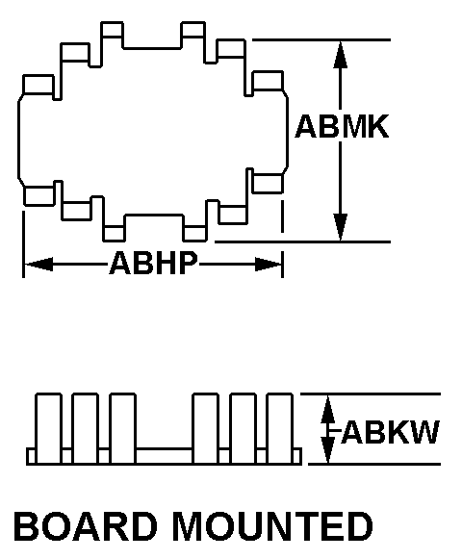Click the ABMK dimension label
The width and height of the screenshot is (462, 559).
click(x=342, y=127)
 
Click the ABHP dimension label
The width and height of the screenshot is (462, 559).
click(x=153, y=263)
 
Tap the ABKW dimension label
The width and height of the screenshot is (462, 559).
click(x=390, y=432)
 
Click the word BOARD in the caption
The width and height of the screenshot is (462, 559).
click(x=86, y=526)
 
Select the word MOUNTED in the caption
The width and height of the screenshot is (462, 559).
click(x=273, y=526)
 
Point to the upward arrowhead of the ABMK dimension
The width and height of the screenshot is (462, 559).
click(x=341, y=54)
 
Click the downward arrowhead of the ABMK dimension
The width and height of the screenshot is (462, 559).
click(x=341, y=227)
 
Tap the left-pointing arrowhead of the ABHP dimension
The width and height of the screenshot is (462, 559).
click(x=38, y=265)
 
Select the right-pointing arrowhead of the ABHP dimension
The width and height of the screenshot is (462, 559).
click(x=269, y=265)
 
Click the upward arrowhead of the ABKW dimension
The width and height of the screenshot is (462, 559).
click(x=328, y=409)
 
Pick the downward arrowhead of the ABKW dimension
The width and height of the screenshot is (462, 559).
click(x=328, y=450)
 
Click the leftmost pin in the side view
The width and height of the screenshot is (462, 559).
click(x=48, y=428)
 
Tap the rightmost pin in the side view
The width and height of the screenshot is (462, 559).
click(x=280, y=428)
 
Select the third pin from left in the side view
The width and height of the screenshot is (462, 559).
click(x=123, y=428)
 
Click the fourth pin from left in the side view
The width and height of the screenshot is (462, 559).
click(x=205, y=428)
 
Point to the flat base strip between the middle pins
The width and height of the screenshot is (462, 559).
click(x=165, y=456)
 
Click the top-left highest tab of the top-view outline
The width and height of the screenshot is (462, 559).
click(x=112, y=30)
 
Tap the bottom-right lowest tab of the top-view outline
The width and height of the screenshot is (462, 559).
click(x=194, y=234)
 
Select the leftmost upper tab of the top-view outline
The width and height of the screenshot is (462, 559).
click(x=38, y=85)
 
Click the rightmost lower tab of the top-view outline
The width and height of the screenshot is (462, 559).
click(x=268, y=184)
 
